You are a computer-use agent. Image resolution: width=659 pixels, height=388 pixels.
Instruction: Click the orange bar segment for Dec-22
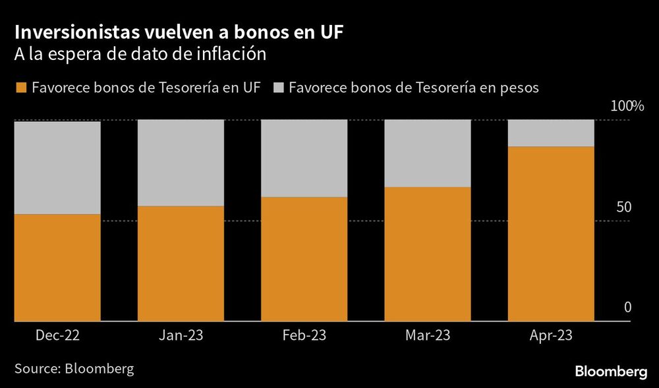pos(57,267)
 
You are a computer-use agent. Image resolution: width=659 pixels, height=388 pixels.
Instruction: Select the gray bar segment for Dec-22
pos(57,167)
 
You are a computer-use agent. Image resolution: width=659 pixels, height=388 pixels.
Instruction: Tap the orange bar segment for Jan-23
pos(181,263)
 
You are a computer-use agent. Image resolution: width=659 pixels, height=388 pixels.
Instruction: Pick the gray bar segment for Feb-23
pos(304,159)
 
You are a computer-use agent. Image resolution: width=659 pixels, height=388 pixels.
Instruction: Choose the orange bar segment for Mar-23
pos(428,254)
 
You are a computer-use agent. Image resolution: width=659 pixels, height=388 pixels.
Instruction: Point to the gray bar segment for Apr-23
pos(552,133)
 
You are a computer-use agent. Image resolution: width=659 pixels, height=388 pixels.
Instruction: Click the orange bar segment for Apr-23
pos(552,234)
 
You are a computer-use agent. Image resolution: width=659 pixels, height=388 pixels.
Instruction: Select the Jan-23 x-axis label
pos(181,335)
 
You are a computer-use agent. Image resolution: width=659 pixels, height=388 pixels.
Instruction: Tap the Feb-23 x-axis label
pos(304,335)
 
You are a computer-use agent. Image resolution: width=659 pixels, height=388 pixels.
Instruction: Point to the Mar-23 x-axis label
pos(428,335)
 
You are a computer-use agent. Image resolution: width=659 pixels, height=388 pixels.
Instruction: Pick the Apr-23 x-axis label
pos(552,335)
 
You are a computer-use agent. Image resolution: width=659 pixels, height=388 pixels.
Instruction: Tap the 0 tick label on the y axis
pos(627,307)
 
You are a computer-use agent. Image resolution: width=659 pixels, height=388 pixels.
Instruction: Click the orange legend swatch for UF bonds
pos(20,88)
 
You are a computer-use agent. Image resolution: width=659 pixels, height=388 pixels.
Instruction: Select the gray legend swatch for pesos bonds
pos(277,88)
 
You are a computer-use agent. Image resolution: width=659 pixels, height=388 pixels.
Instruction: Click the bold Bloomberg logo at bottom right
pos(611,372)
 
